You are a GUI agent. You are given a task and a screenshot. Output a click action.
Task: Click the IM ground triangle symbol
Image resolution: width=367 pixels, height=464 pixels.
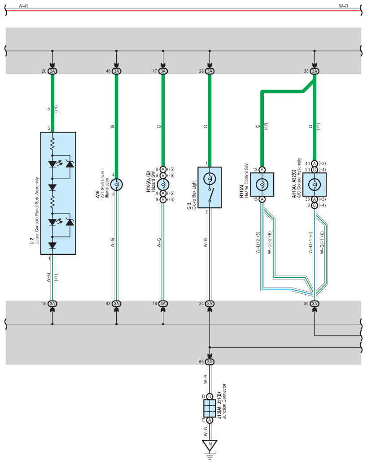210,445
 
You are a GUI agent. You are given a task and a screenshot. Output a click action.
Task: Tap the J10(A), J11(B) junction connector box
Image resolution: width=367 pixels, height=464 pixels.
210,408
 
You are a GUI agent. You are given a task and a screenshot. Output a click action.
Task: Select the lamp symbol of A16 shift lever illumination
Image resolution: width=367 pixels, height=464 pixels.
117,185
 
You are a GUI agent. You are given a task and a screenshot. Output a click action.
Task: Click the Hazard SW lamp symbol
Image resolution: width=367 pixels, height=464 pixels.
163,185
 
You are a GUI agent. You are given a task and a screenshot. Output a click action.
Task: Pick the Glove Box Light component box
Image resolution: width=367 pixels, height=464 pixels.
210,187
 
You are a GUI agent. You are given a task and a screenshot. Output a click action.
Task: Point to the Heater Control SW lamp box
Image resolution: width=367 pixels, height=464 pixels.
262,185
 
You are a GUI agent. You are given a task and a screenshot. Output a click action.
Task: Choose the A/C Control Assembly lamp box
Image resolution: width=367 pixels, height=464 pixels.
315,185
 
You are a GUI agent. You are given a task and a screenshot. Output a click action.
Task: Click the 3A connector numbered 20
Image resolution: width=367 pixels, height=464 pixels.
52,71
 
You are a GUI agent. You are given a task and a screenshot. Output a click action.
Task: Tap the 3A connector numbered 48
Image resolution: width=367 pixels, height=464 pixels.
117,71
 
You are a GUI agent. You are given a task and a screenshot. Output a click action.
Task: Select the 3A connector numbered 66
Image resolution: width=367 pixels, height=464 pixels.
210,361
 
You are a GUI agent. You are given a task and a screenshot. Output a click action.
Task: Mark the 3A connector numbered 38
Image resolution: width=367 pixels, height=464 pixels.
315,71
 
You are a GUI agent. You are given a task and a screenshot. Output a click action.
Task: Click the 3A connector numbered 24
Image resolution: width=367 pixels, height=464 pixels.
210,304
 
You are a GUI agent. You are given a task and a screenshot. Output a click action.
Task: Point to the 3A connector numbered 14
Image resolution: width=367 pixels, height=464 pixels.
163,304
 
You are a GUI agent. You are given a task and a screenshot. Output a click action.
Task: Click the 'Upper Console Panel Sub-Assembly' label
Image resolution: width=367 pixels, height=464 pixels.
37,211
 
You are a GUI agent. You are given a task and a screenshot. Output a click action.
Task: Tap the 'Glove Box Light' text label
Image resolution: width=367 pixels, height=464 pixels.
194,195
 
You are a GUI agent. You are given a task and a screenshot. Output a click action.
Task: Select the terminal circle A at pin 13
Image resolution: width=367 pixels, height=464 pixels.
262,170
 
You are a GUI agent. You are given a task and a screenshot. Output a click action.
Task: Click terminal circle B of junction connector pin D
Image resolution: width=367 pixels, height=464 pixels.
210,396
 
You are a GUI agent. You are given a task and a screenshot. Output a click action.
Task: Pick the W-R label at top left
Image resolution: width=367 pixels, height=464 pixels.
23,6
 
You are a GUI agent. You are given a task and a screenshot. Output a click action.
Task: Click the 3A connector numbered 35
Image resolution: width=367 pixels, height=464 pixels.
315,304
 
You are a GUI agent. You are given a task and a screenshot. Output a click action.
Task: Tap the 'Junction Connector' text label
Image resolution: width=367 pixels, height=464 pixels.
224,401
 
